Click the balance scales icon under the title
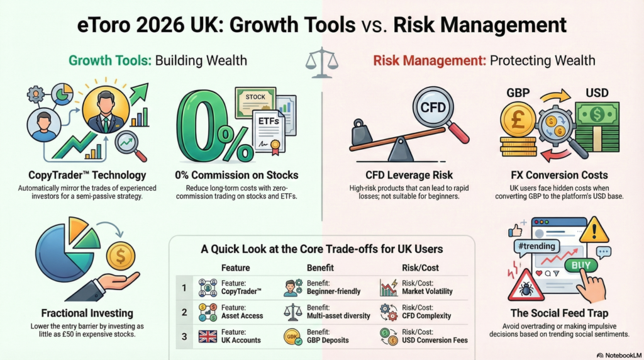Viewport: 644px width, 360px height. coord(321,63)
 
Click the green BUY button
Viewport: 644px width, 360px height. coord(580,266)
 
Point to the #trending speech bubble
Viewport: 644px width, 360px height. coord(537,247)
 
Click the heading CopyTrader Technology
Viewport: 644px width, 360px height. coord(87,175)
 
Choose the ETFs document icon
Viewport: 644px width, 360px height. coord(269,132)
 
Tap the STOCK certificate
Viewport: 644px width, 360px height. coord(255,101)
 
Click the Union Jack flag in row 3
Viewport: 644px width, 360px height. coord(208,337)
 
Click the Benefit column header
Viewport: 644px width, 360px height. coord(320,268)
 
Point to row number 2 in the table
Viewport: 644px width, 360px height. coord(184,312)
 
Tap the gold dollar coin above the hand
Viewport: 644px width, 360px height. coord(121,256)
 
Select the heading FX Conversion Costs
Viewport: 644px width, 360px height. coord(559,175)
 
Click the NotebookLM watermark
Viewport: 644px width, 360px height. coord(619,355)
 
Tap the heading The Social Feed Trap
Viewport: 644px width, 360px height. coord(559,313)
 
